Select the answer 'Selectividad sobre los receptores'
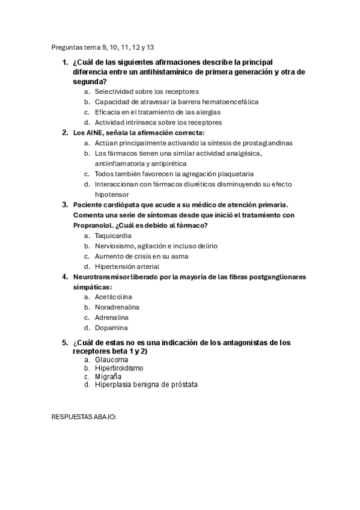coord(147,91)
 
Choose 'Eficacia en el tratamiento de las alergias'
coord(157,112)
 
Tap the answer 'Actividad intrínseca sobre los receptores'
coord(158,122)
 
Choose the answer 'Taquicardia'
coord(113,235)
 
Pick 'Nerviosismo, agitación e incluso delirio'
coord(156,245)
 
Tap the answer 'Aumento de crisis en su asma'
coord(141,256)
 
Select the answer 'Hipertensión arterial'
coord(127,266)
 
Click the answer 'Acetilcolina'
coord(113,297)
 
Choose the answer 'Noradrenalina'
coord(117,307)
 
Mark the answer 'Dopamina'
coord(111,328)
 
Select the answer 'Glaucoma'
coord(111,360)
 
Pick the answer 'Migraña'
coord(108,376)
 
